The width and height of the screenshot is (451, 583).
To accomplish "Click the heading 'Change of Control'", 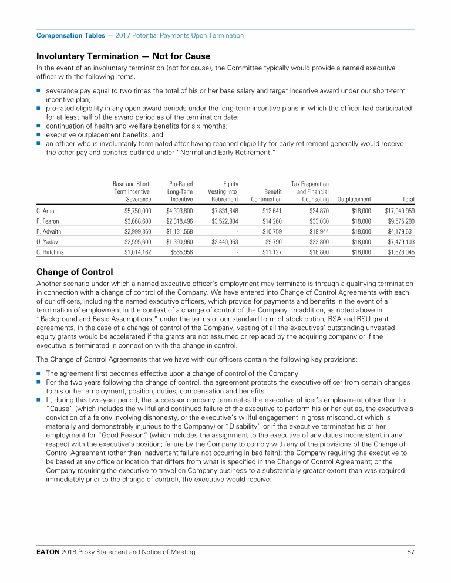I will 75,271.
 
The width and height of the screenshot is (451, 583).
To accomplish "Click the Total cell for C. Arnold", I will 399,210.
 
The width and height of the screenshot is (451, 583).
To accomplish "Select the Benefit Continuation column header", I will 267,196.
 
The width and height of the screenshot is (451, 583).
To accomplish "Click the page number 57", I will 410,552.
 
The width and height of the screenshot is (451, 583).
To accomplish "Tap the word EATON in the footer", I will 48,552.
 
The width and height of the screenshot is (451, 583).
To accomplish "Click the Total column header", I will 406,200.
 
